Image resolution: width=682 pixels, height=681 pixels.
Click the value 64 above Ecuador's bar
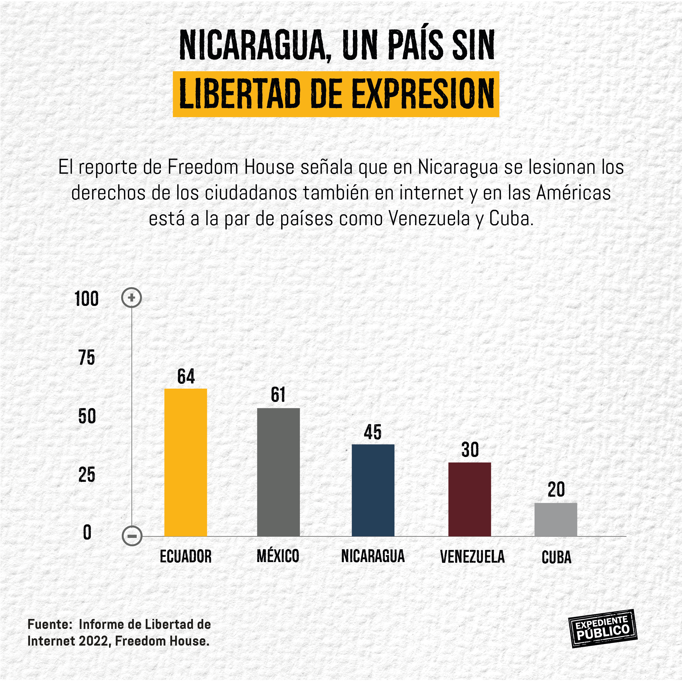[x=186, y=376]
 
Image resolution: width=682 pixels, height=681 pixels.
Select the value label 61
[x=278, y=395]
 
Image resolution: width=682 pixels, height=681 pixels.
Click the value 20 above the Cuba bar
[x=556, y=489]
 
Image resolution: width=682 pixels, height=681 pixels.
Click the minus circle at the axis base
[x=132, y=536]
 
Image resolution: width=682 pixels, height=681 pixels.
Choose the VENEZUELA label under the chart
[x=472, y=557]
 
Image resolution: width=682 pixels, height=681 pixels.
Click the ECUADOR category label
[x=186, y=557]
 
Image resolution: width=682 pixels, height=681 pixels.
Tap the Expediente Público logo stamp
[x=603, y=633]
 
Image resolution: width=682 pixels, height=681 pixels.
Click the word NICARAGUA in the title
[x=252, y=46]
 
